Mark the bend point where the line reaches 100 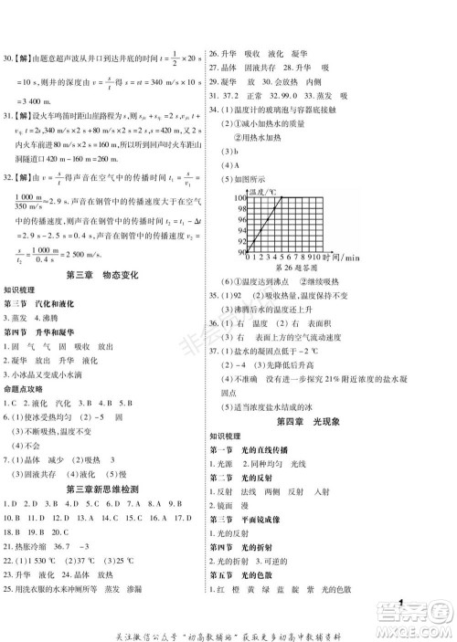pyautogui.click(x=277, y=198)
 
